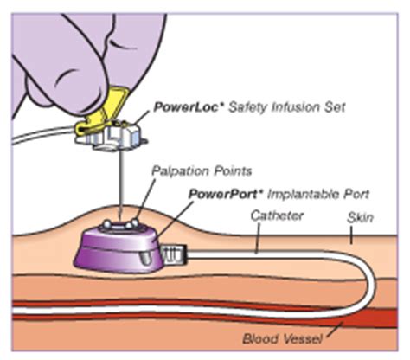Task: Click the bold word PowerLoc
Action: [x=186, y=107]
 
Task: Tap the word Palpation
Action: [x=180, y=171]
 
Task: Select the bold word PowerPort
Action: [x=222, y=194]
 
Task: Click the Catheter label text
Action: [x=277, y=215]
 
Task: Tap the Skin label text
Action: [x=360, y=218]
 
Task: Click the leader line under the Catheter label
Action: [x=258, y=238]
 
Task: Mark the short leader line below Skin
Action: [x=351, y=235]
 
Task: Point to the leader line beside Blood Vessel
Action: [x=334, y=330]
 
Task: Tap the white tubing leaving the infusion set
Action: [x=43, y=136]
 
